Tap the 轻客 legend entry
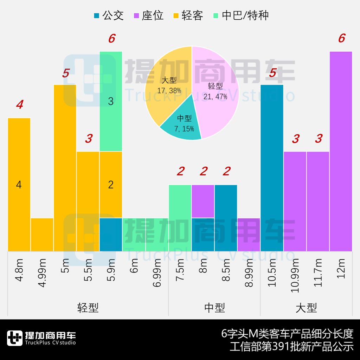[x=188, y=15]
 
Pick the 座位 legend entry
[x=148, y=15]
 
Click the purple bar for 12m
[x=341, y=151]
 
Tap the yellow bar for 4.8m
[x=19, y=185]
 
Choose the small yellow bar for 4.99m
[x=42, y=234]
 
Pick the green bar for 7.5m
[x=180, y=218]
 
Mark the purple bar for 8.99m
[x=249, y=234]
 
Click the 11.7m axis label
[x=318, y=272]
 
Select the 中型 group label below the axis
[x=214, y=308]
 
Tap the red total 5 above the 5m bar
[x=65, y=73]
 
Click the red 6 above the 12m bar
[x=341, y=38]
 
